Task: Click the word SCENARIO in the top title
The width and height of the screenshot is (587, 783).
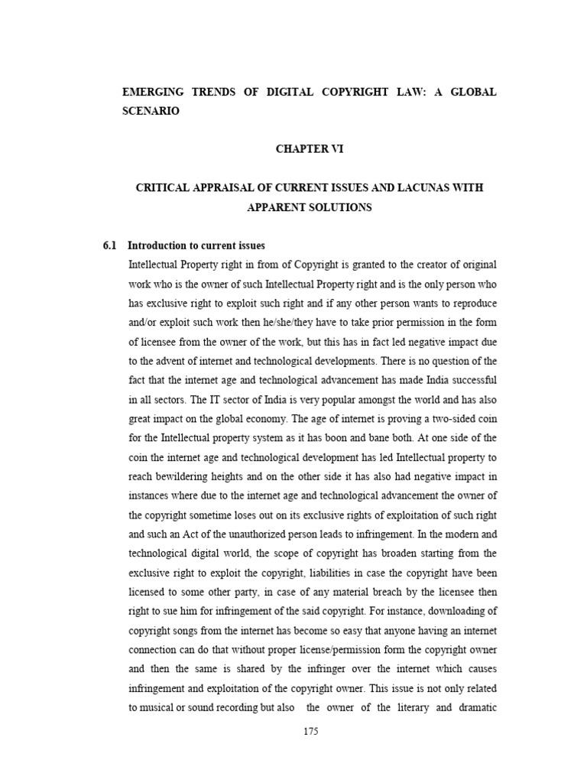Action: click(151, 111)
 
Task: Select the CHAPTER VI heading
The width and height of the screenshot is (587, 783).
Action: click(310, 149)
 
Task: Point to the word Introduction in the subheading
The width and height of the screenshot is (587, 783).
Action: click(157, 245)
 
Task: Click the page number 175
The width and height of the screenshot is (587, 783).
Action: click(310, 731)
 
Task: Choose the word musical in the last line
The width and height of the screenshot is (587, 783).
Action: click(157, 707)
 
